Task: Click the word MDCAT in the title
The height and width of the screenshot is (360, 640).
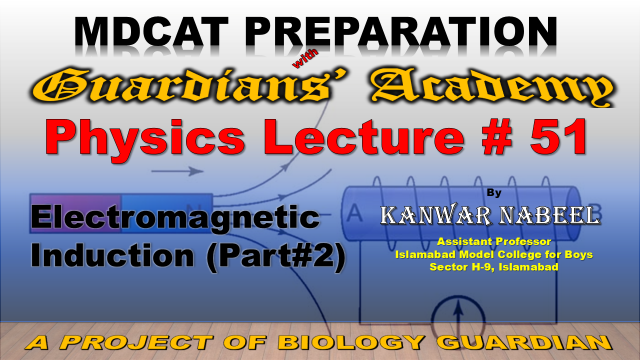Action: [x=152, y=31]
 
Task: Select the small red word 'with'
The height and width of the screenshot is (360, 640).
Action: [x=305, y=59]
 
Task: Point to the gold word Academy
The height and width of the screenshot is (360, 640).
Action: [x=492, y=87]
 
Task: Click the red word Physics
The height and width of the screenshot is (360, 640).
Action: [x=145, y=138]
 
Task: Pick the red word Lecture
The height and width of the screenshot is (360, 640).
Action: [x=364, y=137]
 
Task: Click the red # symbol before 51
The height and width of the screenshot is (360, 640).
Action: [x=497, y=137]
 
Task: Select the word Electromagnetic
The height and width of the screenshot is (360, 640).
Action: [x=175, y=218]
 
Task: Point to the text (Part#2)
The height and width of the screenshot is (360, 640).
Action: [x=276, y=257]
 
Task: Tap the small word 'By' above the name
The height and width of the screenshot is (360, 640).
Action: [x=494, y=192]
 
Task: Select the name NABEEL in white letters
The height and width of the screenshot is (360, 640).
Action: [x=550, y=215]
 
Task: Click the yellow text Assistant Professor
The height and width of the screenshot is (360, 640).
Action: [x=494, y=241]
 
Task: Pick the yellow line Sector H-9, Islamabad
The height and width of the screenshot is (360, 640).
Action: [x=494, y=267]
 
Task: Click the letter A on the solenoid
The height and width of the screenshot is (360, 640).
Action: [x=354, y=213]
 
